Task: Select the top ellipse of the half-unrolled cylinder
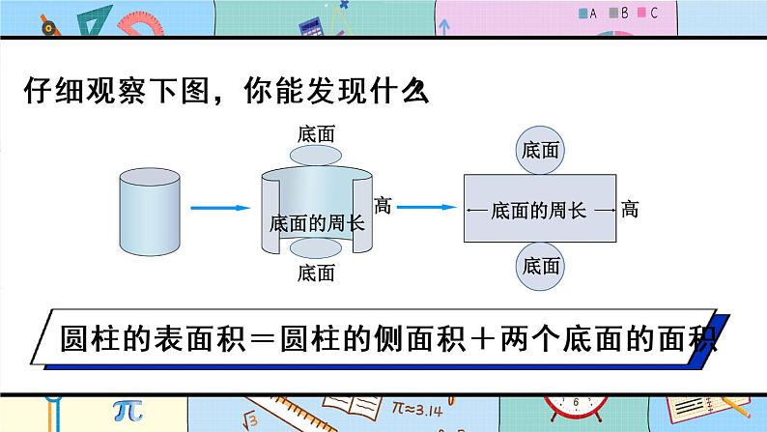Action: (316, 158)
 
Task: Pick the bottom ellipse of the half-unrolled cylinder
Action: (316, 250)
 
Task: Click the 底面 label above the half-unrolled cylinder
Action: (316, 135)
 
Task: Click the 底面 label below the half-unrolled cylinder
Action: (316, 274)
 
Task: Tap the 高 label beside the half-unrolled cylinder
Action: (382, 206)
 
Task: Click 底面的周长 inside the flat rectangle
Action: (538, 209)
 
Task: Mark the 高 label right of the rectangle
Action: (630, 209)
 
